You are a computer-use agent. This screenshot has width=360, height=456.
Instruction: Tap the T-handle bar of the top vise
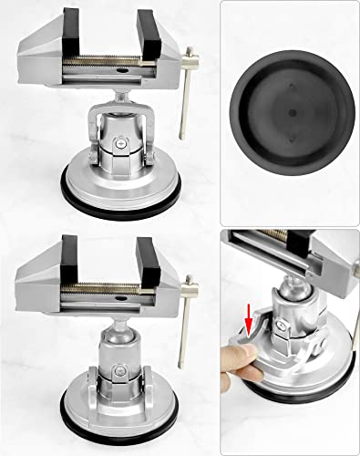[186, 92]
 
